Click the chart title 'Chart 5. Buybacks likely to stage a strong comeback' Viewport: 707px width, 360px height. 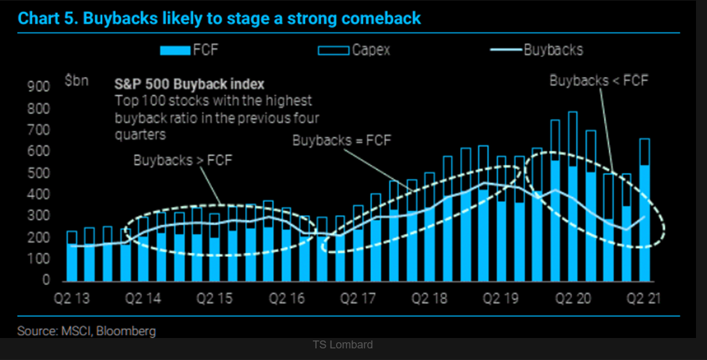pyautogui.click(x=219, y=18)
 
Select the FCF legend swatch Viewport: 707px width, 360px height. pyautogui.click(x=175, y=51)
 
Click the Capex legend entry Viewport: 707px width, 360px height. pyautogui.click(x=354, y=50)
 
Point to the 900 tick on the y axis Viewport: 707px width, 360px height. pyautogui.click(x=38, y=87)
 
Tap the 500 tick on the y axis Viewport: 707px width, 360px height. pyautogui.click(x=38, y=174)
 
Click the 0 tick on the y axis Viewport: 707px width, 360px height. pyautogui.click(x=45, y=281)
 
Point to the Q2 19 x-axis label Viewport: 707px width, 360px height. pyautogui.click(x=500, y=299)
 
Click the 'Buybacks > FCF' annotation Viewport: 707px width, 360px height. pyautogui.click(x=183, y=160)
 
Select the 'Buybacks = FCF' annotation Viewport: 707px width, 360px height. pyautogui.click(x=342, y=140)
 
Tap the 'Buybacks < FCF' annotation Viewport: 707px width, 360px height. pyautogui.click(x=598, y=81)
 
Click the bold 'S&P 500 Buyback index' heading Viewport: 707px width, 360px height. pyautogui.click(x=189, y=84)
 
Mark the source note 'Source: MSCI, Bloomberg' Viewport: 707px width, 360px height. pyautogui.click(x=86, y=331)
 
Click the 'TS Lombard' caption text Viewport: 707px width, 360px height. pyautogui.click(x=342, y=345)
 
